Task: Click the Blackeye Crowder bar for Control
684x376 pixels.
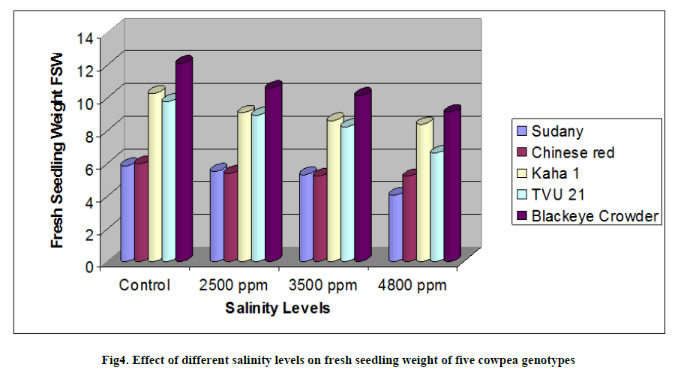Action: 183,161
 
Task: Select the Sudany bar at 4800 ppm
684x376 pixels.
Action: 394,227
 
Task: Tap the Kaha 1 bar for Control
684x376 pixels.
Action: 154,176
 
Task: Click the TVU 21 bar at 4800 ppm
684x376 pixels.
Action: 436,206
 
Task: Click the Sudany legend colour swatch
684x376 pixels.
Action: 521,131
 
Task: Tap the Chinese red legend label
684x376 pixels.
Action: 573,152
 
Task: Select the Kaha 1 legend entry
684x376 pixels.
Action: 559,173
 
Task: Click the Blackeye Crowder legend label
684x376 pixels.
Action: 595,216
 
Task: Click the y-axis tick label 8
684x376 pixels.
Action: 88,135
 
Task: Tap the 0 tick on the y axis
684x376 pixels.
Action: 88,265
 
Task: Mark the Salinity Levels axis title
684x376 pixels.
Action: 278,308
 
